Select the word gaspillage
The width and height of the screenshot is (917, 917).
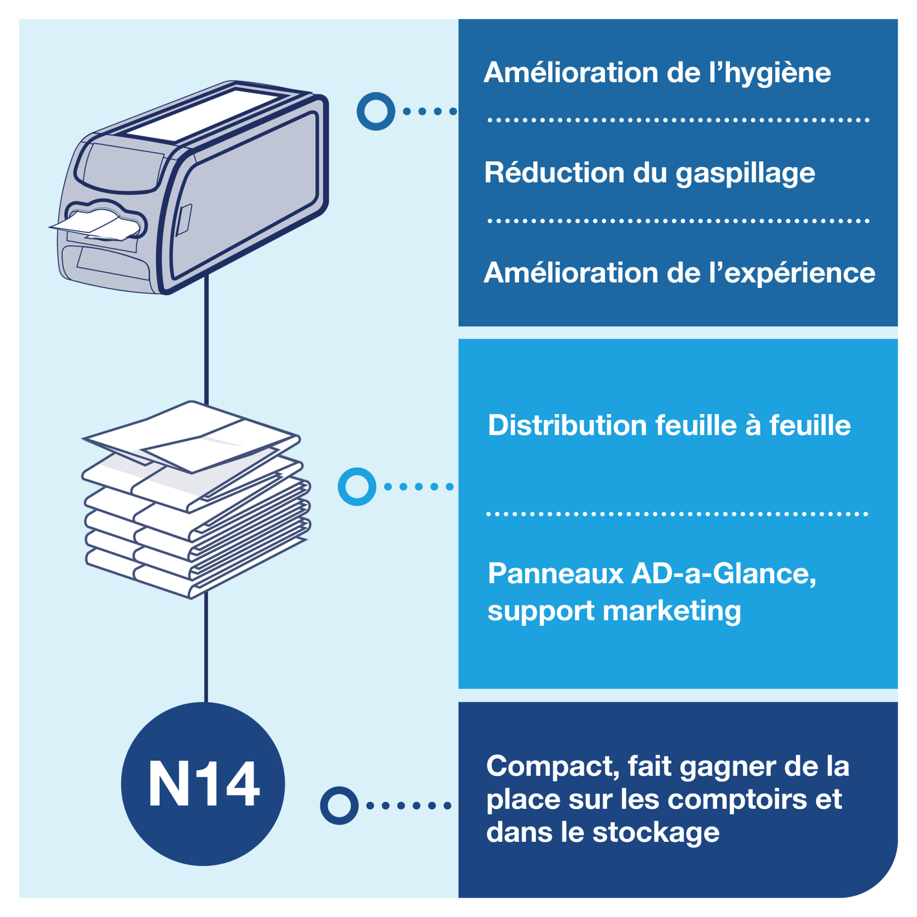click(745, 174)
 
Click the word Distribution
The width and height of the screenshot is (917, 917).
click(567, 425)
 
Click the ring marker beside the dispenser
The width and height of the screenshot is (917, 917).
click(376, 111)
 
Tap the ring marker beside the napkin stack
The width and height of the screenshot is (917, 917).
click(356, 486)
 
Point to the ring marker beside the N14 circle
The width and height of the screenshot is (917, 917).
click(339, 806)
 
